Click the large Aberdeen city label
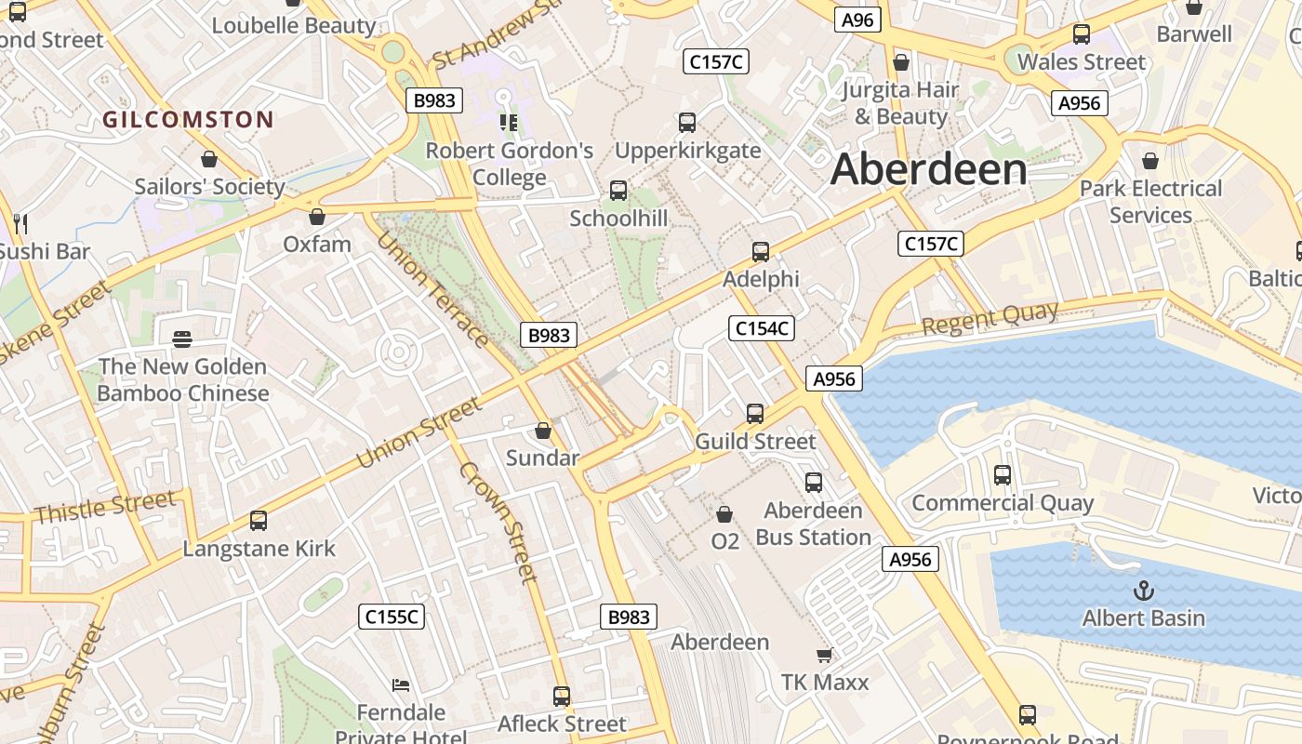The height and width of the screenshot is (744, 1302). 929,169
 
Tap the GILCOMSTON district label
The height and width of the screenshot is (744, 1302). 188,119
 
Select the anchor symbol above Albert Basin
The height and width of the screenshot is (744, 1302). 1143,591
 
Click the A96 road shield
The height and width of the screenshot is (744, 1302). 857,20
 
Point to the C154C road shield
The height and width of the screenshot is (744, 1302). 761,327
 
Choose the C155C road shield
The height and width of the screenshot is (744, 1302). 392,617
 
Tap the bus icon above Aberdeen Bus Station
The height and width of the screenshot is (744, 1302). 814,483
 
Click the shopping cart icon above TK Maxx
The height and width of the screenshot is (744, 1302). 824,656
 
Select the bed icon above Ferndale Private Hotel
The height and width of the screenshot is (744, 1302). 401,686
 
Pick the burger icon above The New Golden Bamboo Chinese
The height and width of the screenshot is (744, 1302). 182,339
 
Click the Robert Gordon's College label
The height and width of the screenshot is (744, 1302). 509,164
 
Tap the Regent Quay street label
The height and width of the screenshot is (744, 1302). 990,318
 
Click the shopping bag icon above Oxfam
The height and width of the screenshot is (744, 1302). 317,217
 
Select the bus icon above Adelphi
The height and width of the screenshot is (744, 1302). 760,252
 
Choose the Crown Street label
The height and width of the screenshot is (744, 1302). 498,522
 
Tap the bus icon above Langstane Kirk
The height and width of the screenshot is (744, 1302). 259,521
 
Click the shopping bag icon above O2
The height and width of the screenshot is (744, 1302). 724,513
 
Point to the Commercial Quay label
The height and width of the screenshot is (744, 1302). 1002,503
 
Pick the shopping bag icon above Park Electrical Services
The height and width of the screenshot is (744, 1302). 1150,161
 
